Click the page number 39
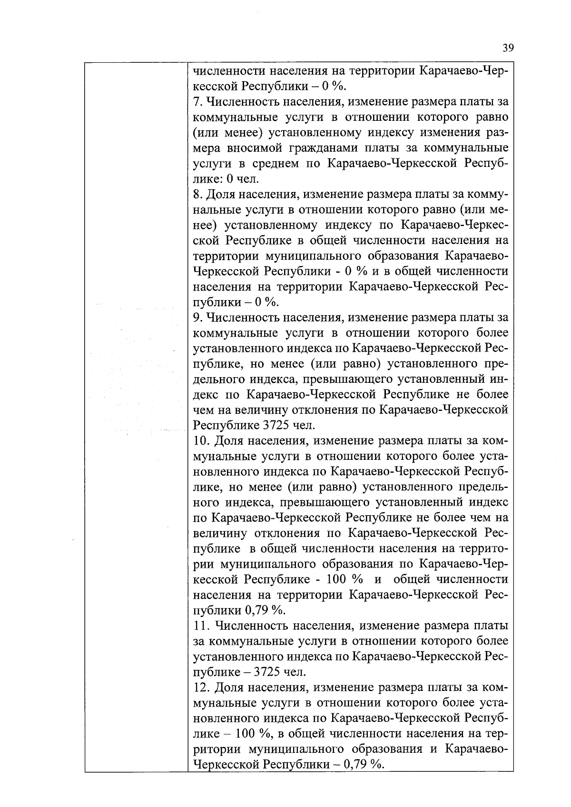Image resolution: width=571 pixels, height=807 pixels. coord(508,48)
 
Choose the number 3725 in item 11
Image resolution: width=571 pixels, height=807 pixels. coord(270,672)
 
